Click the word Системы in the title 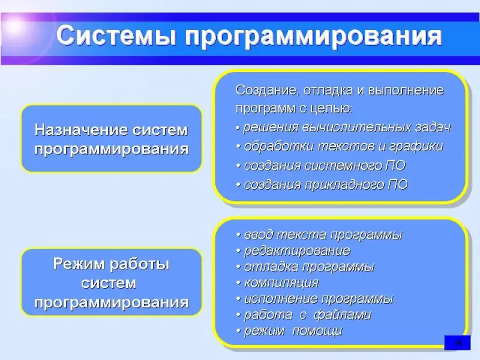116,36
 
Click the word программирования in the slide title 314,37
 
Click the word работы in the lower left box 140,265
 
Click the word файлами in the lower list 343,314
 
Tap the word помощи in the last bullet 317,331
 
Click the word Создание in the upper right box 266,91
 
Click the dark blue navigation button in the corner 457,343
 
